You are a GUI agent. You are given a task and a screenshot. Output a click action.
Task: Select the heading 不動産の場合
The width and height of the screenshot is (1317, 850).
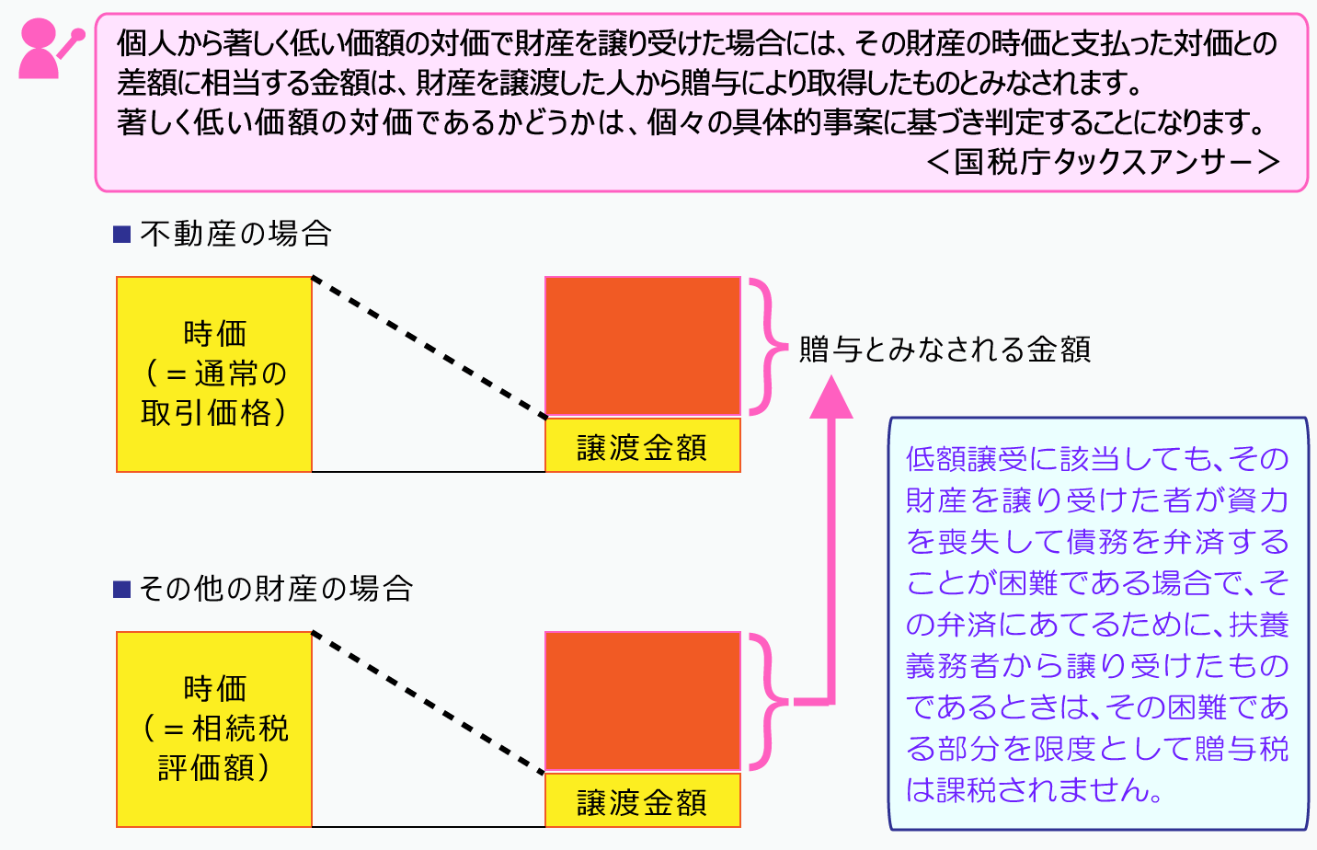pos(235,234)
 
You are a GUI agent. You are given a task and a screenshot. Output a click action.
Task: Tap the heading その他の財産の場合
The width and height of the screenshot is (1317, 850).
pos(276,589)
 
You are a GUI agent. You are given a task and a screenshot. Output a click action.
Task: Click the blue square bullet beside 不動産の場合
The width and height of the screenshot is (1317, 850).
pos(122,235)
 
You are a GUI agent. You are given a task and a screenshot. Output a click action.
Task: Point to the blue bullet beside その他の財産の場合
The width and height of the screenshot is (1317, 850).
pos(122,589)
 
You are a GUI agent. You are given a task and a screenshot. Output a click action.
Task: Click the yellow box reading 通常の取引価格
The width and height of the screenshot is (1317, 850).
pos(214,374)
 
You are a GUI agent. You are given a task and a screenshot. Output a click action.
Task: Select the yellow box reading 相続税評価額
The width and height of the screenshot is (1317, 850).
pos(214,729)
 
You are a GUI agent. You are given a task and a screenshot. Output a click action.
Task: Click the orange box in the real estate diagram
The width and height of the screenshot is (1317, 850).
pos(643,346)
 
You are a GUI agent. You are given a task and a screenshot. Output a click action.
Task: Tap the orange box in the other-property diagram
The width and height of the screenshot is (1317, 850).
pos(643,701)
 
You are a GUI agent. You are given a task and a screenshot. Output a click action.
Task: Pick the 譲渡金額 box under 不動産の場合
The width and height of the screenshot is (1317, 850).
pos(643,446)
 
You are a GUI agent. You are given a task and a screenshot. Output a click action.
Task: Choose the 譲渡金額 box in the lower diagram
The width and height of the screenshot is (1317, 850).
pos(643,801)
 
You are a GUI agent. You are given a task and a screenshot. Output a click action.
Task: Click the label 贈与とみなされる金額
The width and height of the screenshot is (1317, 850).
pos(945,350)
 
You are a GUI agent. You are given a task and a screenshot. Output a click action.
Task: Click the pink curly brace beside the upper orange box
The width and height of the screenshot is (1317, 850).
pos(766,347)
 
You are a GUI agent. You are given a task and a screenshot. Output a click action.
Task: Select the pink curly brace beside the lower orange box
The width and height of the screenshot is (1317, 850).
pos(766,701)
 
